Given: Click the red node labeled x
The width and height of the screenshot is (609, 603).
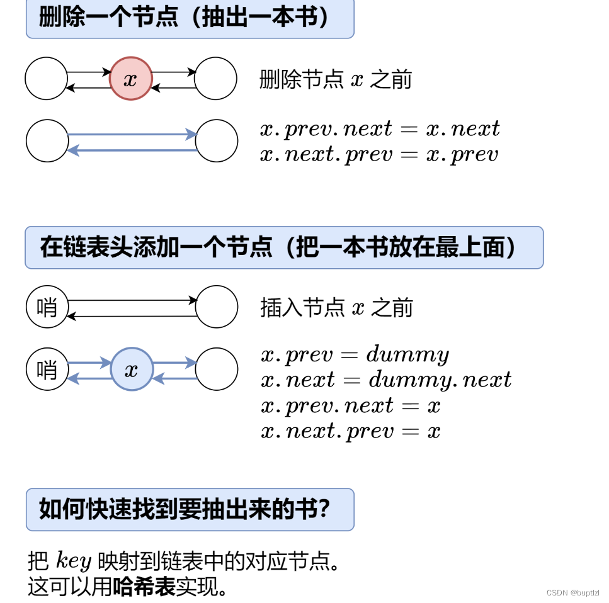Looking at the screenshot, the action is coord(131,79).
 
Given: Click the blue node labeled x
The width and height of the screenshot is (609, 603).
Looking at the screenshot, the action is coord(132,369).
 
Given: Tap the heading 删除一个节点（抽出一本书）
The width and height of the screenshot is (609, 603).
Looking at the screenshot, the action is coord(190,18).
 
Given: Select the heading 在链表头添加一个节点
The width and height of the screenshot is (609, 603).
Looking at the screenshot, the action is coord(283,247).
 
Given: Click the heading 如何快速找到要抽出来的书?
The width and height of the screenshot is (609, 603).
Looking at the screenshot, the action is coord(190,509).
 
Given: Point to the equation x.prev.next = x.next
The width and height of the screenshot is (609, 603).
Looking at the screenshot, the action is coord(380,129).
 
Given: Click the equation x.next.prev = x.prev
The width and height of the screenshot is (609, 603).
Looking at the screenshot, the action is coord(379,154).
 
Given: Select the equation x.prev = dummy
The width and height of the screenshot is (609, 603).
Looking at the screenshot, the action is coord(355,355).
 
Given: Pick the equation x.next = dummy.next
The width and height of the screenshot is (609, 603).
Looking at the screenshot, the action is coord(385,380).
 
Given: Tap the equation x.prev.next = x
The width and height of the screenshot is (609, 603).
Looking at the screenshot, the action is coord(350,405).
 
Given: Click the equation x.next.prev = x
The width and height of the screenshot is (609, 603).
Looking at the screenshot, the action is coord(350,431).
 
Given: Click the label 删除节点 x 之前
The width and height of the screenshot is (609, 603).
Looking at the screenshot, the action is coord(335,80).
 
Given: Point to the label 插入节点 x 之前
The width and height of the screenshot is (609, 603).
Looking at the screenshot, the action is coord(336,308).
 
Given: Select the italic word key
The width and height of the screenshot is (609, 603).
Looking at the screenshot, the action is coord(74,560).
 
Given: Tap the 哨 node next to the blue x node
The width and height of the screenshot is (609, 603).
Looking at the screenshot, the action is coord(47,369).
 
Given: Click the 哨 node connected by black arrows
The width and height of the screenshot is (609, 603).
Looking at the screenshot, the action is coord(47,307).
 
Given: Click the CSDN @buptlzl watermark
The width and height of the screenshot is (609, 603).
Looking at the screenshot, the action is coord(572,593).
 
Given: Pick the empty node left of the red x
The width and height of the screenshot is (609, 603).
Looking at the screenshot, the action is coord(46,79).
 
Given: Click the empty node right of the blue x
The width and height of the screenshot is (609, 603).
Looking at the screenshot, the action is coord(217,369).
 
